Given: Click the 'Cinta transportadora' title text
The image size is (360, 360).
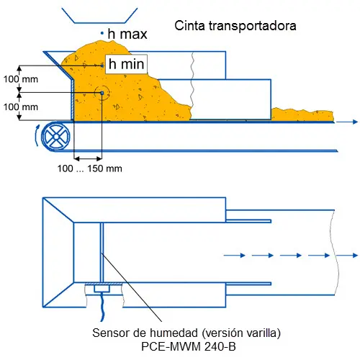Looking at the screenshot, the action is pos(235,26).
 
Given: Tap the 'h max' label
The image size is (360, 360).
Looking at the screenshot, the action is pos(127,34).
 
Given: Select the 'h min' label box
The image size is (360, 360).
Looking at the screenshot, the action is pos(126,64).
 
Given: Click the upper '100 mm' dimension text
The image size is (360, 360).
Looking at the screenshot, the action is pos(21,79).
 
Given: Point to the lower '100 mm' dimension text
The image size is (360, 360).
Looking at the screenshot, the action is pos(21,107).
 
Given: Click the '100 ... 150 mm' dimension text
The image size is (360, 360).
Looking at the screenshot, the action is pos(90,168).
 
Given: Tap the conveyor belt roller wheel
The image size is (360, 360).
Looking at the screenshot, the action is pos(56,137).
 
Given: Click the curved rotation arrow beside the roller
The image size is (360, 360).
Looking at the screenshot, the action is pos(37,135).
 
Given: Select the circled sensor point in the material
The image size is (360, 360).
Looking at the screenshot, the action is pos(102,93).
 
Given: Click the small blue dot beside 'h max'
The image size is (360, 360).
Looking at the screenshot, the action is pos(102,33).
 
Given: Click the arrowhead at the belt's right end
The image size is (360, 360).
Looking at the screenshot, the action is pos(356,122).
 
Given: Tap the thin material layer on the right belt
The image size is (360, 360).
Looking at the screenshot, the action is pos(302,114).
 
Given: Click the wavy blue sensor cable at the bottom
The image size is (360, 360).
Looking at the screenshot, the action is pos(103,307).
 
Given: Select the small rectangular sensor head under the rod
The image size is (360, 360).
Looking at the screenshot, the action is pos(102,289).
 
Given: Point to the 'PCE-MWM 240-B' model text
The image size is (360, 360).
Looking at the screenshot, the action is pos(189,346).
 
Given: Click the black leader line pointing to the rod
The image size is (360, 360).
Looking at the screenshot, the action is pos(132,287).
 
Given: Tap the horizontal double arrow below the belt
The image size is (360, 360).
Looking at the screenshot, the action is pos(88,158).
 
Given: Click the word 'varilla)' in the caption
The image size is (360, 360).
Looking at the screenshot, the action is pos(264,333).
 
